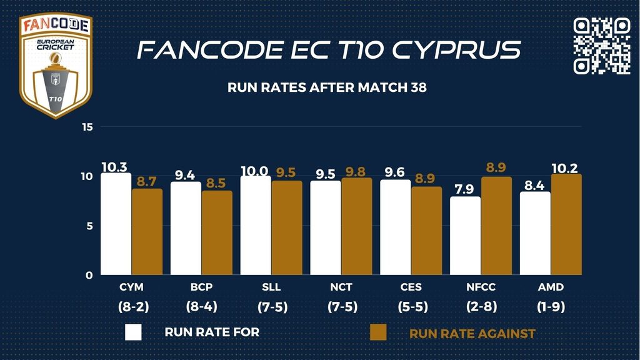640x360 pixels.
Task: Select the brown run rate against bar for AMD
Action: [566, 224]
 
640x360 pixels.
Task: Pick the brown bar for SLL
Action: [287, 227]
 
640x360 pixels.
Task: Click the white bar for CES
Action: [396, 227]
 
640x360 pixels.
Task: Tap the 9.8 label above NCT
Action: [357, 171]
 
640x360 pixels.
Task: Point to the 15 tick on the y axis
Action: [87, 127]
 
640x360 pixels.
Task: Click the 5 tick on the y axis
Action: [89, 226]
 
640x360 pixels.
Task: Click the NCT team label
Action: [341, 287]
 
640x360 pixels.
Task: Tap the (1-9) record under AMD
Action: [551, 307]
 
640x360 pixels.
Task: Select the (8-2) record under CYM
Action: [131, 307]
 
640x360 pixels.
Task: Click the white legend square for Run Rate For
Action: [133, 332]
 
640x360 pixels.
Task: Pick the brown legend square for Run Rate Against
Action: [378, 332]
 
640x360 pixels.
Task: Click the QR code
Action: [602, 46]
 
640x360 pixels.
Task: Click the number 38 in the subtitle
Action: [418, 88]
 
